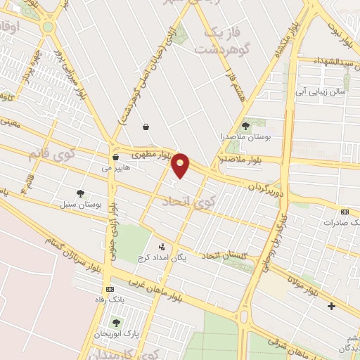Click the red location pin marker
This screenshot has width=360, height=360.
tap(181, 165)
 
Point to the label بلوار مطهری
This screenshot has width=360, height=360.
tap(150, 153)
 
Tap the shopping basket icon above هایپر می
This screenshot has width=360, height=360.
tap(115, 157)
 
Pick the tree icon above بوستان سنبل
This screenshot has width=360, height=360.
tap(81, 193)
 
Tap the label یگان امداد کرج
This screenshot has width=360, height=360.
tap(181, 257)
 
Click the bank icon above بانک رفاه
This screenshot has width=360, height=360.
tap(110, 289)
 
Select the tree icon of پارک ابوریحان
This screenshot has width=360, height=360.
tap(116, 322)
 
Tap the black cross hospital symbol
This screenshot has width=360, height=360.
tap(332, 307)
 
